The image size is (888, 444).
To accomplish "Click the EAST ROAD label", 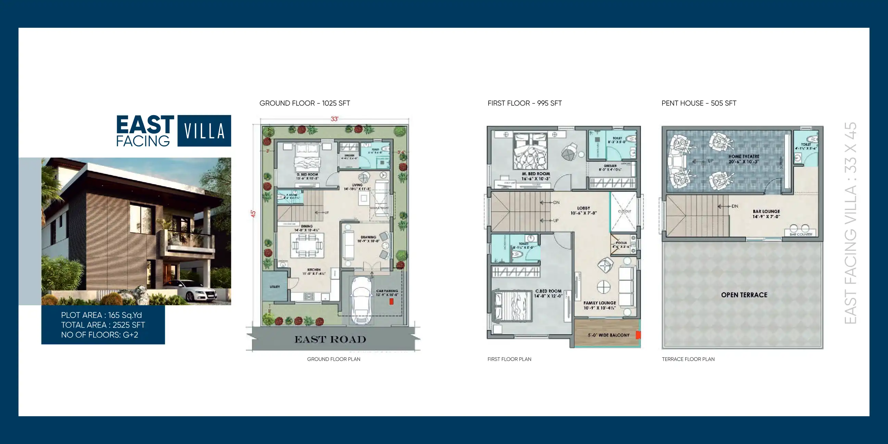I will click(330, 340).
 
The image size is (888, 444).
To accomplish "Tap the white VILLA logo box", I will click(204, 131).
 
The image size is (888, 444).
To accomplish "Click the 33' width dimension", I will click(334, 119).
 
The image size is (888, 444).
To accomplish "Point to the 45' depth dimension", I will click(253, 214).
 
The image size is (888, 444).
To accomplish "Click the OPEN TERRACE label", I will click(744, 295).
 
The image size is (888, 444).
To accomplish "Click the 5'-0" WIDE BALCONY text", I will click(608, 335).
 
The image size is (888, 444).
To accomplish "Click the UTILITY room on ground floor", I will click(274, 287).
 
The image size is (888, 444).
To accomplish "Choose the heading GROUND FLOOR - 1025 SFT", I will click(304, 103).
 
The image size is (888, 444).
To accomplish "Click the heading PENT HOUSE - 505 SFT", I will click(699, 103).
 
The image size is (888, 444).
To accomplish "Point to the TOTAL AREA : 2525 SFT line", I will click(103, 325).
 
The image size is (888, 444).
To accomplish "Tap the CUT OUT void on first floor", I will click(624, 212).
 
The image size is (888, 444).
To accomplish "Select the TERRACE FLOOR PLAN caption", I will click(688, 359).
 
